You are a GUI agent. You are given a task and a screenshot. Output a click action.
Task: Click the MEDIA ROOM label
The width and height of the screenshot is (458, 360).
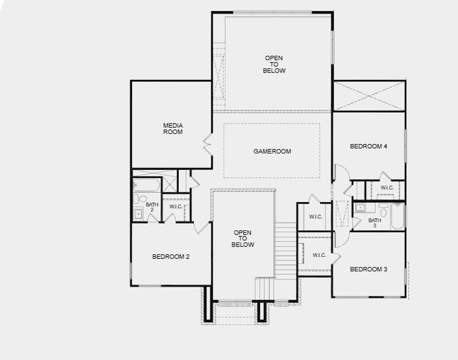click(173, 128)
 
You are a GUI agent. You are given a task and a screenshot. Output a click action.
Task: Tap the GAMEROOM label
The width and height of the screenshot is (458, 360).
click(272, 151)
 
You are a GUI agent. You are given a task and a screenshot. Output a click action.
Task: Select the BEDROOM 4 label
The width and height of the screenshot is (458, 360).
click(369, 146)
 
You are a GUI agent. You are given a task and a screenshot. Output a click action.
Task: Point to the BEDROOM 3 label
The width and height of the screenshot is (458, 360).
click(369, 269)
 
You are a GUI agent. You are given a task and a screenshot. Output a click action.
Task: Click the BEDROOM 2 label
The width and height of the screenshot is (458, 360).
click(171, 257)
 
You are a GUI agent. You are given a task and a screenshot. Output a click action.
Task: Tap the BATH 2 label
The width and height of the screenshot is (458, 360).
click(152, 207)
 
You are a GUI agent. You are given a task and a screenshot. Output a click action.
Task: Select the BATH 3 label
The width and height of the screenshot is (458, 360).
click(375, 223)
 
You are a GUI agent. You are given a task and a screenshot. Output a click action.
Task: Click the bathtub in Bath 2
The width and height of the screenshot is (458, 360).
click(146, 185)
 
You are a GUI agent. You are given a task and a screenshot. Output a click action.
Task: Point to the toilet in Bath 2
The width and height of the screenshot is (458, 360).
click(143, 199)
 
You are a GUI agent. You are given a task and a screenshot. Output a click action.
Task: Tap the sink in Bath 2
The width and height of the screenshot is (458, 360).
click(139, 212)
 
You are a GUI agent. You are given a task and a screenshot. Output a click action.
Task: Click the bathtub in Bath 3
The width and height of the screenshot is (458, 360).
click(398, 217)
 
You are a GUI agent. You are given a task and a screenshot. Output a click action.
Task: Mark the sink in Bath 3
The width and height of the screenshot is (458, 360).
click(361, 208)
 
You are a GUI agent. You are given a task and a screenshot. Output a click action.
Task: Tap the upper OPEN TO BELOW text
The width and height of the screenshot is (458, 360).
click(274, 64)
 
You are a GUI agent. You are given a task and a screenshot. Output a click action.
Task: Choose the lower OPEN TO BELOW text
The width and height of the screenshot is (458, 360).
click(243, 238)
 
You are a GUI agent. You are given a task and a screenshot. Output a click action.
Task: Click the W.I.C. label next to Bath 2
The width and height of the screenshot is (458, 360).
click(176, 207)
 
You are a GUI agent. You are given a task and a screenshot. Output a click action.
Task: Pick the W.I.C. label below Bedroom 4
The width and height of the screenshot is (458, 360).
click(387, 188)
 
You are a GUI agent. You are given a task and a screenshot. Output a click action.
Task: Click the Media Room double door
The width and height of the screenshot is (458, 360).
click(208, 143)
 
